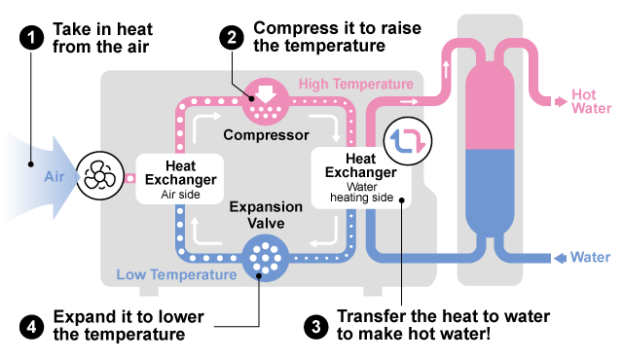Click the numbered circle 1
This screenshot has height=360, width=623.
tap(31, 38)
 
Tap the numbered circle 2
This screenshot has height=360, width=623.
tap(232, 38)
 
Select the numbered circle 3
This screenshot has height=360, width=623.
tap(315, 327)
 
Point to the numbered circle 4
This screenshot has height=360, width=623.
tap(31, 327)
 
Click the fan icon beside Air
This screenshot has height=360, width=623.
tap(99, 175)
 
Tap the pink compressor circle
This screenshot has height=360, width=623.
tap(266, 101)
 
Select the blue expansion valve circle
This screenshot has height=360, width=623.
tap(266, 258)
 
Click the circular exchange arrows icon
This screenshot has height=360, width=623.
tap(408, 141)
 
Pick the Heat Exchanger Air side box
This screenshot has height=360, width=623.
tap(180, 179)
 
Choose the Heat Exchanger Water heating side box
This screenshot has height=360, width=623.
tap(361, 178)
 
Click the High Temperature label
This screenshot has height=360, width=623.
tap(356, 84)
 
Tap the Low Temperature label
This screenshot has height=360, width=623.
tap(176, 274)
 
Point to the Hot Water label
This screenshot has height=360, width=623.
tap(591, 101)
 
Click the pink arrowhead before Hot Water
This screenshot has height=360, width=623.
tap(561, 101)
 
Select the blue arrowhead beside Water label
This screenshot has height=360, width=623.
tap(561, 258)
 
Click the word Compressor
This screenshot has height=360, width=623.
tap(266, 135)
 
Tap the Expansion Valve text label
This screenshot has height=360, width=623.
tap(266, 215)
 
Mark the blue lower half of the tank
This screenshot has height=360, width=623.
tap(490, 191)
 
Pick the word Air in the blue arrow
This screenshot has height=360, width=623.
tap(55, 177)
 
